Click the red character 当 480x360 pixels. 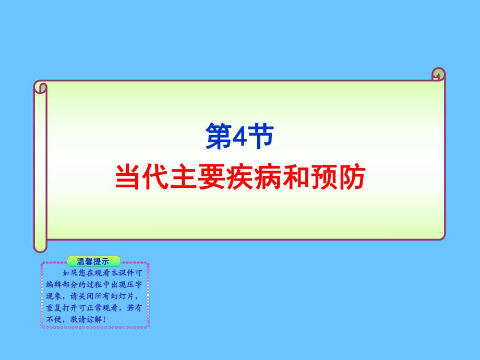(128, 177)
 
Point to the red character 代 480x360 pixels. (156, 177)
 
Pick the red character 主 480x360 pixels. (184, 177)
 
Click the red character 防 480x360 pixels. (350, 177)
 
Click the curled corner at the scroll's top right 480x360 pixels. (439, 75)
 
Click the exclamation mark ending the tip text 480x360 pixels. (104, 319)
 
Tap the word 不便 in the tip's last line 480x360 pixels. (52, 319)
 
